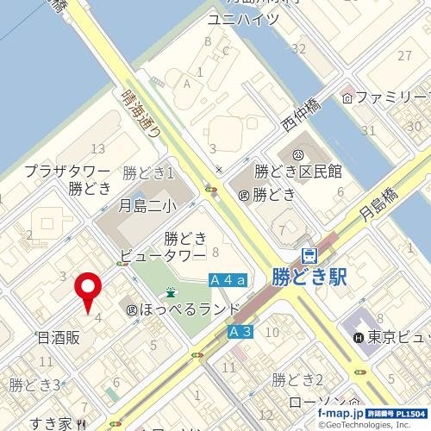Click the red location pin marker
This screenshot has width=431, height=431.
point(88,291)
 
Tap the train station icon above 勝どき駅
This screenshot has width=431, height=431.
point(309,255)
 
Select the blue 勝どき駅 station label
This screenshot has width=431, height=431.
point(309,277)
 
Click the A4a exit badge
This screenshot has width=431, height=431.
point(228,280)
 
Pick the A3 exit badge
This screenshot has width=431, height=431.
point(240,331)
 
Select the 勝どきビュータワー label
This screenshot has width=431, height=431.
point(163,246)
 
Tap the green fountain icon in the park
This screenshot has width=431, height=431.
point(172,292)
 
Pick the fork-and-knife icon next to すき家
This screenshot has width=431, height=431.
point(79,423)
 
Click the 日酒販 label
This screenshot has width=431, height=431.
point(58,338)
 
